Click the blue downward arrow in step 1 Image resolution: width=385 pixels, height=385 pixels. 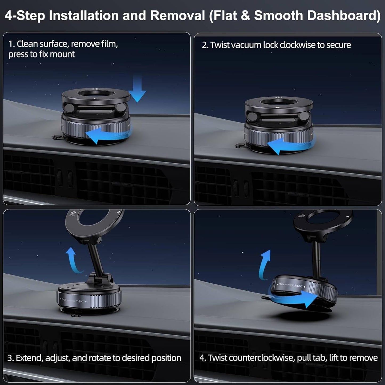tap(137, 89)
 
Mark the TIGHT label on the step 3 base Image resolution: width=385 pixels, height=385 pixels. tap(80, 301)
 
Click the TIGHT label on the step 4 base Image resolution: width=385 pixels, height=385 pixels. tap(299, 286)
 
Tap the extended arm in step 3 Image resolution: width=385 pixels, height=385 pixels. tap(93, 257)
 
